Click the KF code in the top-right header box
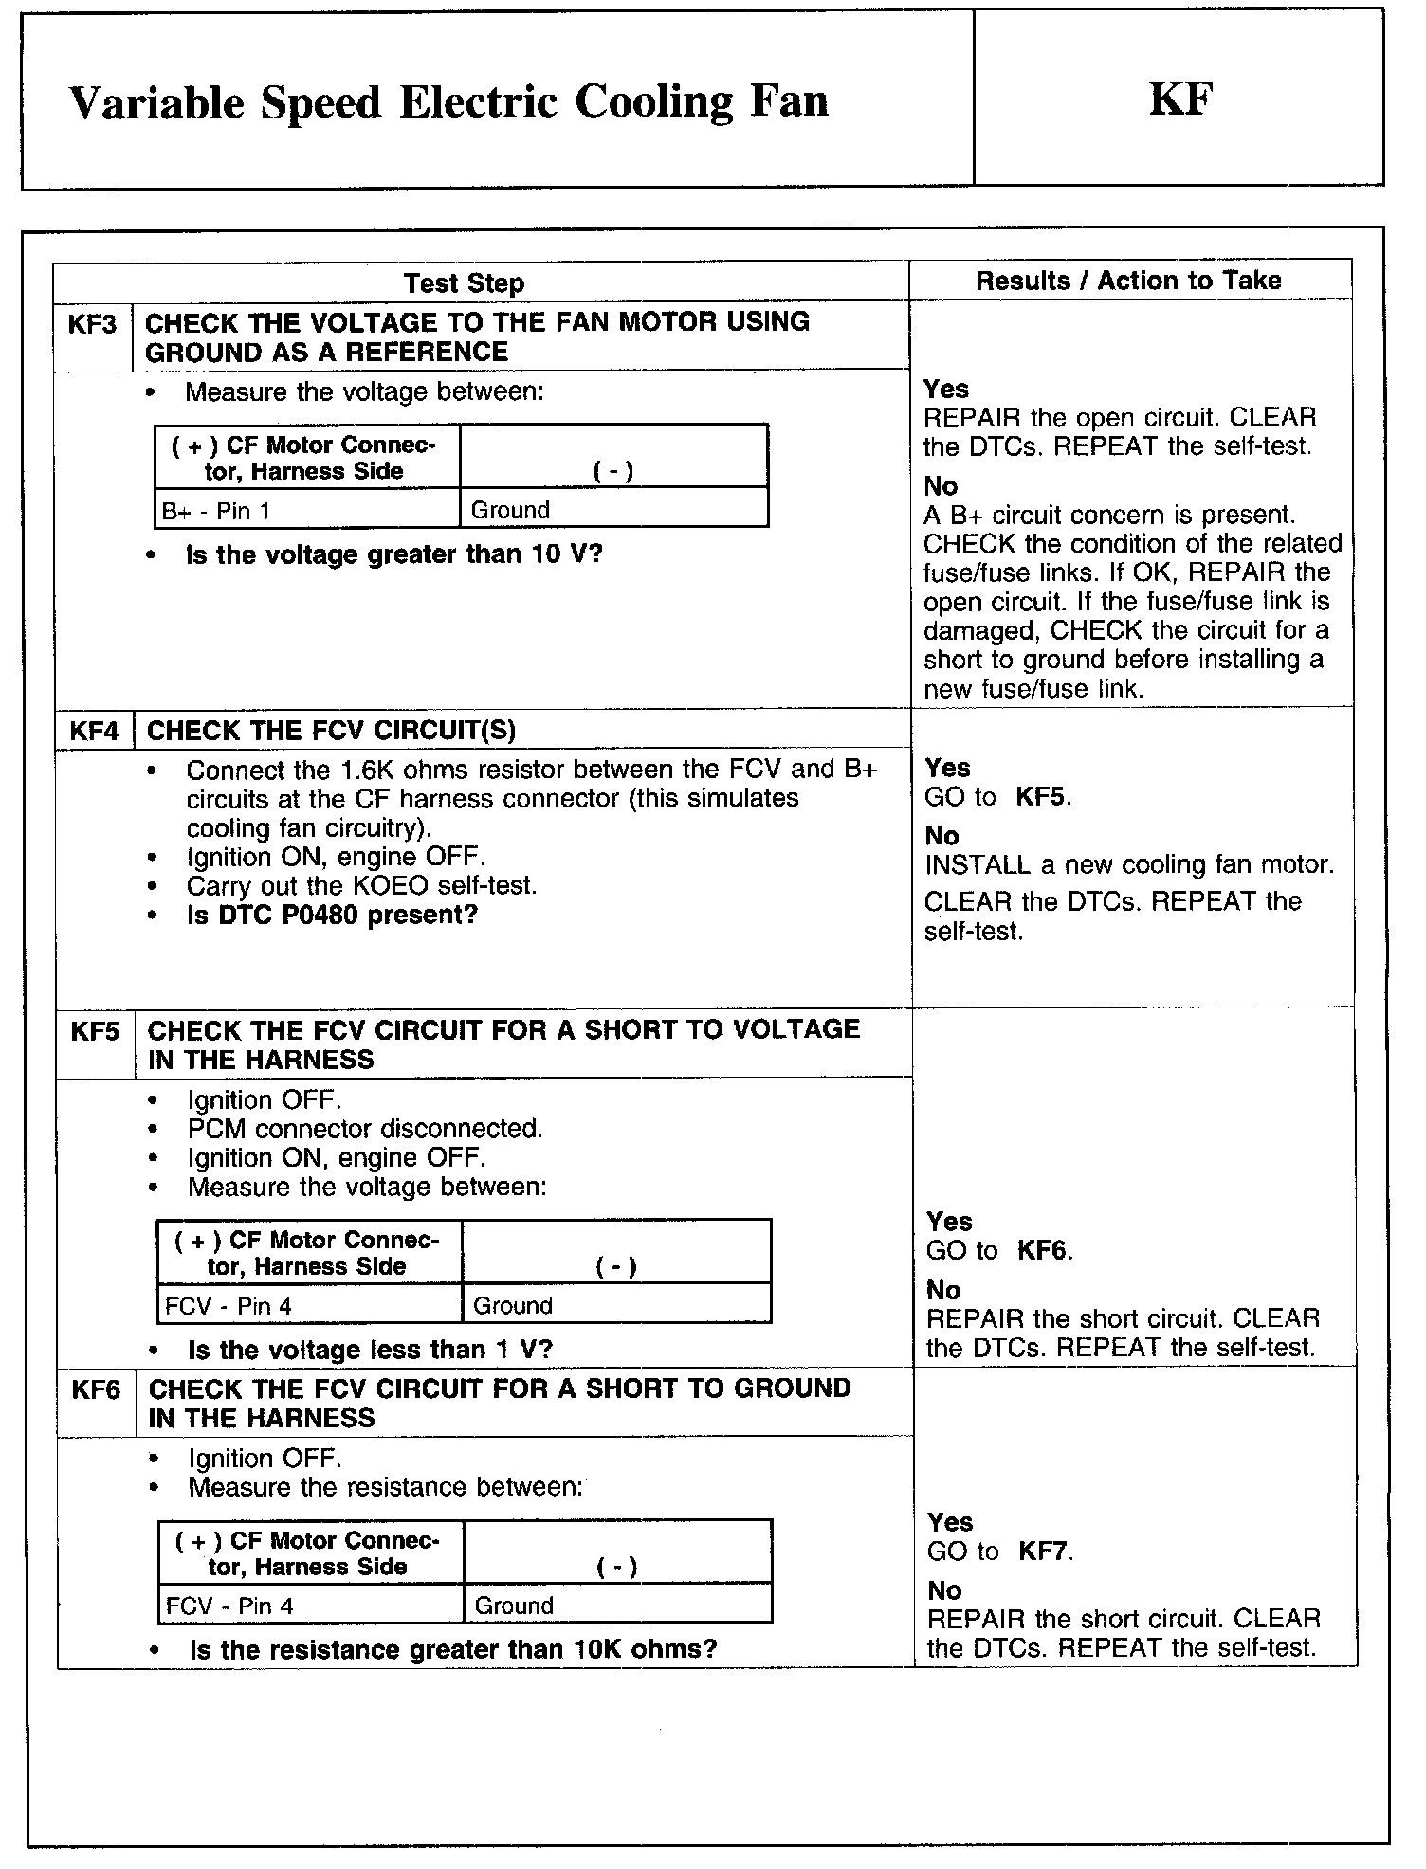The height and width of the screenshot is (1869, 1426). coord(1180,100)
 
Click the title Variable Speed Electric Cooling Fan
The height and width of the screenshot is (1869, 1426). coord(448,102)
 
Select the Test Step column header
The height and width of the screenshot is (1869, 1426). coord(464,282)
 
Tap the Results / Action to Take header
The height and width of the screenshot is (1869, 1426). coord(1128,281)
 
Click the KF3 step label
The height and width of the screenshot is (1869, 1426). coord(93,325)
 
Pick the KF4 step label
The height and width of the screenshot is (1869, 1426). coord(95,731)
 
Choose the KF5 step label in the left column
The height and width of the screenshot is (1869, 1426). coord(95,1030)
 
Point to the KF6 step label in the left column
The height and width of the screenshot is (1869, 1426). coord(96,1389)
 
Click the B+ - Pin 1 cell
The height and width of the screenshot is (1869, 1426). coord(216,511)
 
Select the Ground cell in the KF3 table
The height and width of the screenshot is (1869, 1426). coord(510,510)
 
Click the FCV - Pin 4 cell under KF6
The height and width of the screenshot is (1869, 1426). coord(229,1606)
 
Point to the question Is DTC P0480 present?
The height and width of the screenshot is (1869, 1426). coord(332,915)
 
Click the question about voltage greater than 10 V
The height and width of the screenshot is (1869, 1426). coord(394,554)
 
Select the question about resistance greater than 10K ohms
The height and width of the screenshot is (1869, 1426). coord(453,1649)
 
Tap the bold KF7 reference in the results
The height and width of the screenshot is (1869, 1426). coord(1044,1551)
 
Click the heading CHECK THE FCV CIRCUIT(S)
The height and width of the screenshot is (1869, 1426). coord(331,731)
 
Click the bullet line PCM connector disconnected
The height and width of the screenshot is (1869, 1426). coord(365,1129)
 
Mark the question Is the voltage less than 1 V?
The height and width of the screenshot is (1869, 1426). coord(370,1349)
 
